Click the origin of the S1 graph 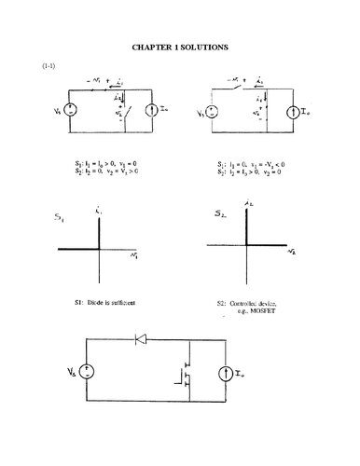(x=98, y=248)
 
